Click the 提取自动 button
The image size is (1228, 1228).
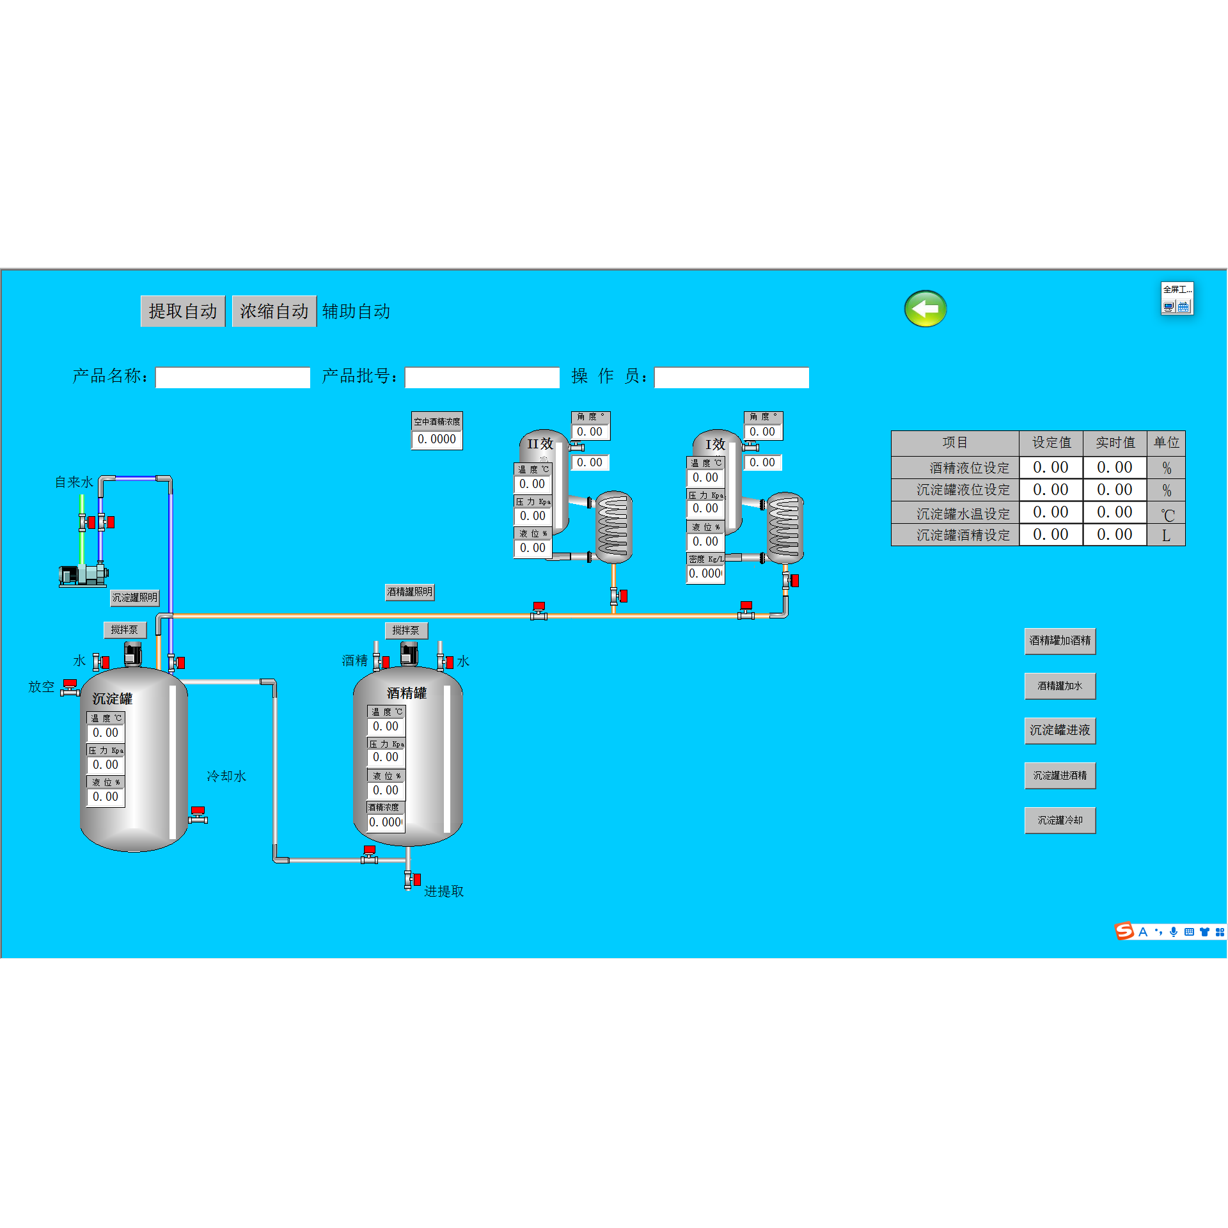point(182,311)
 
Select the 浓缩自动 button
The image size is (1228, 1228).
point(274,311)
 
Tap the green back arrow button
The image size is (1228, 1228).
point(925,309)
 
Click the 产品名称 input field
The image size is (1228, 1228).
point(233,377)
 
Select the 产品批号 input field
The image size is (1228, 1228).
point(482,377)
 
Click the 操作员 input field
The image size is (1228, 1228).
point(732,377)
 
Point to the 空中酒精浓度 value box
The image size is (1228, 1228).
point(437,439)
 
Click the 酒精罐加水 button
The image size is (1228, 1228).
point(1060,686)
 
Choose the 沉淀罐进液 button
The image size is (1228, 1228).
point(1060,730)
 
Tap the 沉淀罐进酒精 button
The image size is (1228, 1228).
point(1060,776)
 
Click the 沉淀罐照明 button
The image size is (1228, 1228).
point(134,598)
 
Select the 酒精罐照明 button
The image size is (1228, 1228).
point(409,592)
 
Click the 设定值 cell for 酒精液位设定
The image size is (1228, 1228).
point(1050,468)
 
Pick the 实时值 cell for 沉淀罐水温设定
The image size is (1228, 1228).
point(1114,512)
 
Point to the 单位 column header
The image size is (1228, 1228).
point(1166,443)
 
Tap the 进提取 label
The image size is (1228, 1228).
point(444,892)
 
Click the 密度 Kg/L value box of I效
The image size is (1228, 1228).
point(705,574)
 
